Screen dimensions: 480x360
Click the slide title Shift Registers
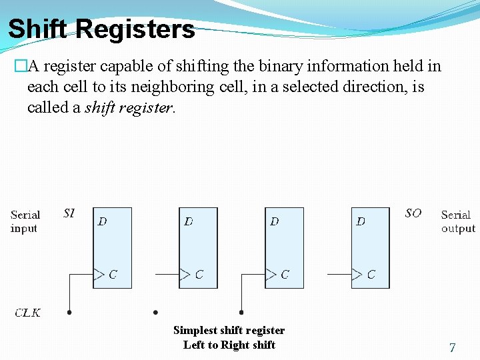(x=101, y=29)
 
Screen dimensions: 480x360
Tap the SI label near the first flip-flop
(x=69, y=213)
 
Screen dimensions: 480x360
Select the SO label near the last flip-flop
(x=413, y=213)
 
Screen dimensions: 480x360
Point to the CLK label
(x=28, y=313)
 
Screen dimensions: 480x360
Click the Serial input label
(x=25, y=221)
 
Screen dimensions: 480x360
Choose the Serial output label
(x=458, y=221)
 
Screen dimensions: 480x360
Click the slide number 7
(x=453, y=347)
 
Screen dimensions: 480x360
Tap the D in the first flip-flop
(x=102, y=221)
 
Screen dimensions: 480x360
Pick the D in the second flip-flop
(x=189, y=221)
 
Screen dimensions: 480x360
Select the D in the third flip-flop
(x=275, y=221)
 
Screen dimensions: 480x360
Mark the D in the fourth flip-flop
(x=361, y=221)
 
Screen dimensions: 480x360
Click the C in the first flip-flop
(x=113, y=274)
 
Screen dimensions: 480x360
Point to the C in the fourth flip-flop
(x=371, y=274)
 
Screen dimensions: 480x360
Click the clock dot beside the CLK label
(x=69, y=312)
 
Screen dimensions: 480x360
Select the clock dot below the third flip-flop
(x=241, y=312)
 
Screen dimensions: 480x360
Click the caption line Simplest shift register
(x=229, y=330)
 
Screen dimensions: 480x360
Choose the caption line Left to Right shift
(x=229, y=345)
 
